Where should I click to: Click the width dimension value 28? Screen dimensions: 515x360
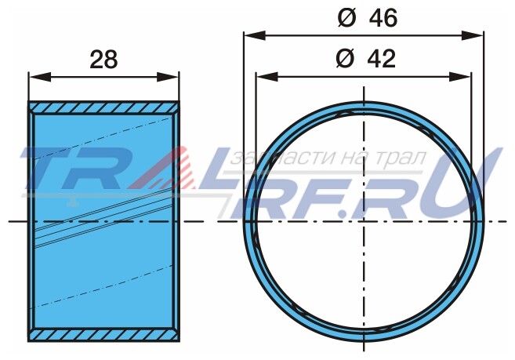pyautogui.click(x=103, y=60)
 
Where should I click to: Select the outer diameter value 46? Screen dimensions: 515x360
pyautogui.click(x=383, y=18)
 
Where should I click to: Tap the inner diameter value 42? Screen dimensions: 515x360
pyautogui.click(x=381, y=59)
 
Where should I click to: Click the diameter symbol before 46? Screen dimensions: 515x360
pyautogui.click(x=346, y=18)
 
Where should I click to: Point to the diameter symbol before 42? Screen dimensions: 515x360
pyautogui.click(x=345, y=59)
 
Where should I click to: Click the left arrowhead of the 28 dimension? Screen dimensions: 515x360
pyautogui.click(x=40, y=77)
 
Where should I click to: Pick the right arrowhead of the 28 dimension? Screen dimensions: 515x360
pyautogui.click(x=168, y=77)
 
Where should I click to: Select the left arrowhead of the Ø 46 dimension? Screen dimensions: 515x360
pyautogui.click(x=255, y=35)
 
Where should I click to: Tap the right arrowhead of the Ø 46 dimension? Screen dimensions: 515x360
pyautogui.click(x=473, y=35)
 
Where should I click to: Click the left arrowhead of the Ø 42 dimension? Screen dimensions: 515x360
pyautogui.click(x=267, y=77)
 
